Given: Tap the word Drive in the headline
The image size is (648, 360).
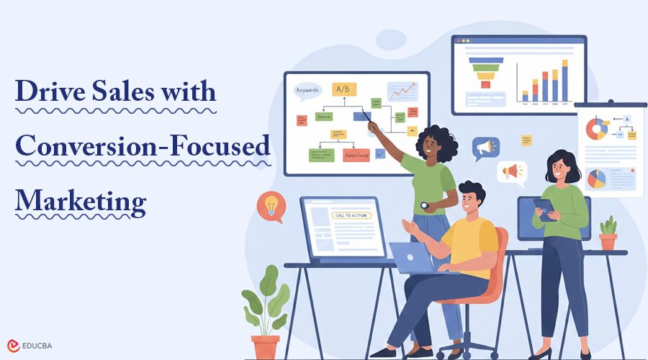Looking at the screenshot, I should [x=48, y=92].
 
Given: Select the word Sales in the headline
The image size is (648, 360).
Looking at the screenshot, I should [x=120, y=92].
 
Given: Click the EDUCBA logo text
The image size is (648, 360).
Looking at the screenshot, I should [x=37, y=346].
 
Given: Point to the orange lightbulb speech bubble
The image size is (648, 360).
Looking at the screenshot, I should [x=271, y=205].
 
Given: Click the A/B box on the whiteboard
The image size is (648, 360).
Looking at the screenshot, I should [x=344, y=89].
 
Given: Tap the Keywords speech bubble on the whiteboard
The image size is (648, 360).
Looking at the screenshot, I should [x=308, y=91].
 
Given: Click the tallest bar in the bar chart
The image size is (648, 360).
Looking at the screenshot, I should [x=564, y=81].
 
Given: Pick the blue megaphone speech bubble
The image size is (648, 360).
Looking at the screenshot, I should [x=485, y=148].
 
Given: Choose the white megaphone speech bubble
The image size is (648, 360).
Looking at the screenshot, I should [x=511, y=172].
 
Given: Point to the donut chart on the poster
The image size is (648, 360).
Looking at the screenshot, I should [x=596, y=129].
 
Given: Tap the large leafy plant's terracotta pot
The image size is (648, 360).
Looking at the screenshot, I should [x=265, y=347].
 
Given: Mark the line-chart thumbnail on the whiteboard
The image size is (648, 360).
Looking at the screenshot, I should [x=402, y=91].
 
